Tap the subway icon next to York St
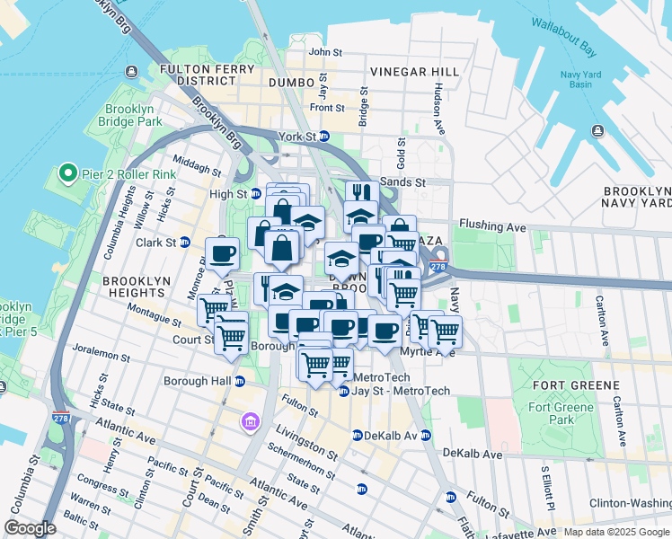[325, 137]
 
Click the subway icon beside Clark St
[185, 242]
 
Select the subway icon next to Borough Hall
[239, 381]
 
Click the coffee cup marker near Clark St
[222, 253]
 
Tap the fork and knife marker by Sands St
[361, 194]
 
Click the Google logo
[31, 527]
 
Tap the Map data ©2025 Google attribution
[615, 532]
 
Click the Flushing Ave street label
[491, 225]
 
